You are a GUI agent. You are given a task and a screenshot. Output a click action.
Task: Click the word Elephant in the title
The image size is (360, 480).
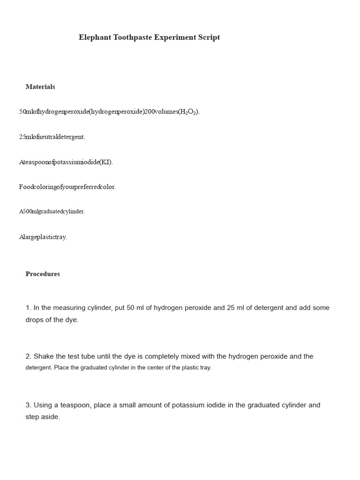pos(95,37)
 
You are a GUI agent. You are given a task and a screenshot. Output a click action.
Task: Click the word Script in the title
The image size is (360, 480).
pos(209,37)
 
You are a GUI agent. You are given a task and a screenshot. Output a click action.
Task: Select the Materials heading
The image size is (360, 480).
pos(40,87)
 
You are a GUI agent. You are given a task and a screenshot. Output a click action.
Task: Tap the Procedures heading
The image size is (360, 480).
pos(43,274)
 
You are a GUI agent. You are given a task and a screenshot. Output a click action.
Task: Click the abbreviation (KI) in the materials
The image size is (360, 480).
pos(106,162)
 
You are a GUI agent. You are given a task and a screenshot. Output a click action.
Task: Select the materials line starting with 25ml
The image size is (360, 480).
pos(52,137)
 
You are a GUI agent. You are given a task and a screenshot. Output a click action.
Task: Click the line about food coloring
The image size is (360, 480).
pos(67,187)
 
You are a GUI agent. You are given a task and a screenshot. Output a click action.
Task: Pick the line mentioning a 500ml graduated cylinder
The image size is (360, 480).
pos(52,211)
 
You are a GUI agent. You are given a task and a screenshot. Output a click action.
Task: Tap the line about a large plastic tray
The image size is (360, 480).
pos(43,237)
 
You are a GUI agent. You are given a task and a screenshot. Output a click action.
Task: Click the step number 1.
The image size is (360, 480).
pos(28,308)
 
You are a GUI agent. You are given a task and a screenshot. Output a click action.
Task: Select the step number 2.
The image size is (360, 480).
pos(28,357)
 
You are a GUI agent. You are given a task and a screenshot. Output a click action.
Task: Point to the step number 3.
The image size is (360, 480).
pos(28,405)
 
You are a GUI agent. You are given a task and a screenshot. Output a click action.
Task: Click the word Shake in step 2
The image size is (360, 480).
pos(43,357)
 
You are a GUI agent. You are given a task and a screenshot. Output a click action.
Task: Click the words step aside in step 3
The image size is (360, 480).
pos(43,417)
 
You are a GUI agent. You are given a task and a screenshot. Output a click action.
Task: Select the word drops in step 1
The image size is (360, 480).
pos(35,320)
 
